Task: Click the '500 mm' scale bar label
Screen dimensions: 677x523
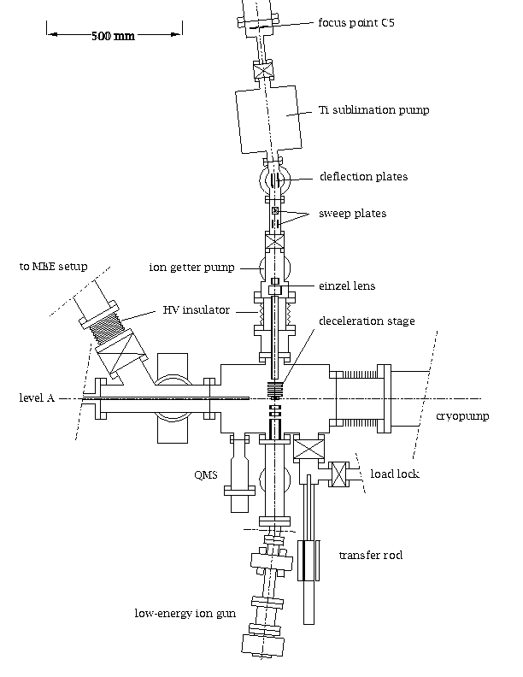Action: [x=106, y=36]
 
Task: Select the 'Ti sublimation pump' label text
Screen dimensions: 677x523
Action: [x=361, y=110]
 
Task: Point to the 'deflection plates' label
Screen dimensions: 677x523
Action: [x=363, y=177]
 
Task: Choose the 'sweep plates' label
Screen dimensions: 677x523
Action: [x=351, y=213]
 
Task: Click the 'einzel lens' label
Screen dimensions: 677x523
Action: [x=347, y=286]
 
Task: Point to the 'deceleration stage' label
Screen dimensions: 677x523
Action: [x=367, y=321]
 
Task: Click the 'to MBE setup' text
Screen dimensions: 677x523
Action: [x=54, y=267]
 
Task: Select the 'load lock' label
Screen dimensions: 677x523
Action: [x=395, y=473]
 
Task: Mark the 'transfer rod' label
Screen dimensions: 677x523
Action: [x=370, y=555]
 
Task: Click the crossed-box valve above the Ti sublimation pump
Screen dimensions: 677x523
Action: [x=262, y=72]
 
